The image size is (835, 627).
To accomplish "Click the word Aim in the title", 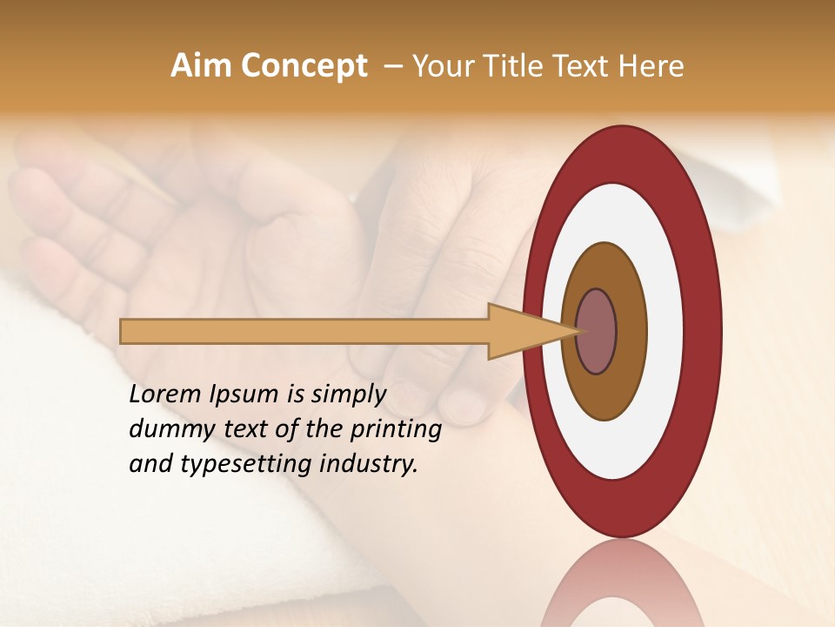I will pos(201,66).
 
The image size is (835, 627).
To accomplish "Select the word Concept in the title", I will pos(302,66).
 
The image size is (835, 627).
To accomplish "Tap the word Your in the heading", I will pos(440,66).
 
